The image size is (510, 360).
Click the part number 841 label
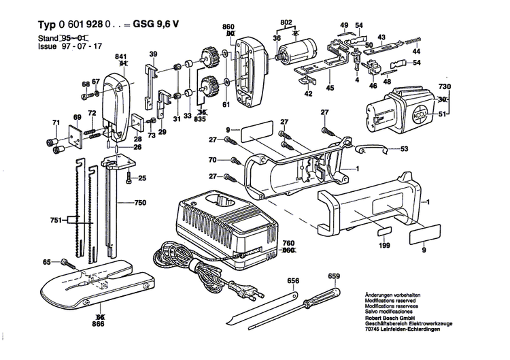(x=122, y=56)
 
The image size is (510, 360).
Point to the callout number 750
(x=140, y=203)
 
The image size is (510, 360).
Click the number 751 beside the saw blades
(x=57, y=220)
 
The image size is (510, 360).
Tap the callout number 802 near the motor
(x=286, y=23)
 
